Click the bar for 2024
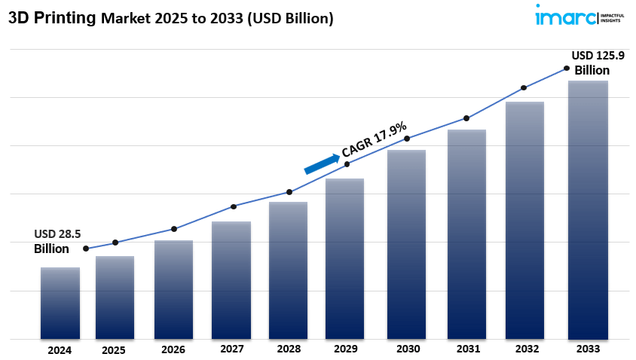tap(60, 303)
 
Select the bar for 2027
tap(231, 280)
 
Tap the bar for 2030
tap(406, 244)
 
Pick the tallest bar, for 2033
tap(588, 209)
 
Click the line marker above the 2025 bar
tap(115, 243)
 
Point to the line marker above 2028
tap(289, 192)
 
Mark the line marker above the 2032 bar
tap(524, 88)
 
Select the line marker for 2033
tap(567, 69)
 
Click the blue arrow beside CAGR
tap(322, 163)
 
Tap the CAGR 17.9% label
tap(375, 139)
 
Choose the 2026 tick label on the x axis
tap(173, 350)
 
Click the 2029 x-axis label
tap(345, 350)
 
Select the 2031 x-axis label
tap(467, 349)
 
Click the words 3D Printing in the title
tap(50, 18)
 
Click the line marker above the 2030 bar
tap(407, 139)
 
